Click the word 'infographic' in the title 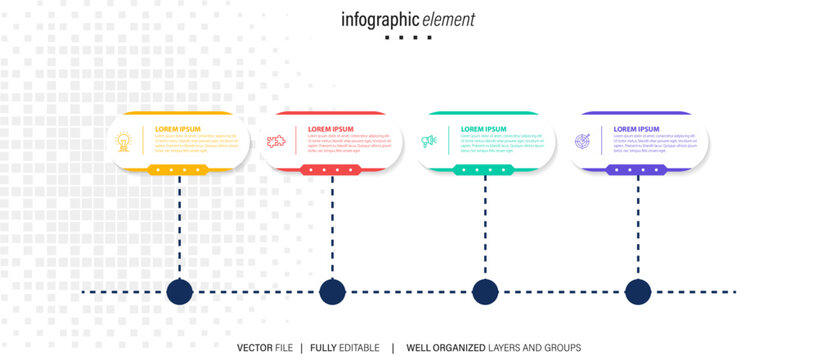pos(379,20)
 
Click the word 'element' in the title pos(448,20)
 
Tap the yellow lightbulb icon pos(125,142)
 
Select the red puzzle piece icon pos(275,142)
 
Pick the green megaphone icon pos(429,142)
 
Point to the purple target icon pos(583,142)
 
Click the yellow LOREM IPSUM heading pos(178,129)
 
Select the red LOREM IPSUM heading pos(331,129)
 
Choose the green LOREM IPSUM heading pos(484,129)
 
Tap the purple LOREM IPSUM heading pos(637,129)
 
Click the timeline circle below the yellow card pos(179,292)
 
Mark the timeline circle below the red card pos(332,292)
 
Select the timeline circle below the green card pos(485,292)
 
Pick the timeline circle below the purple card pos(638,292)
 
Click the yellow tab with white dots pos(178,170)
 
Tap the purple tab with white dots pos(637,170)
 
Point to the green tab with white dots pos(484,170)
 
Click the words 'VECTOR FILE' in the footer pos(265,348)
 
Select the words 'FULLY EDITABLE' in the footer pos(345,348)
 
